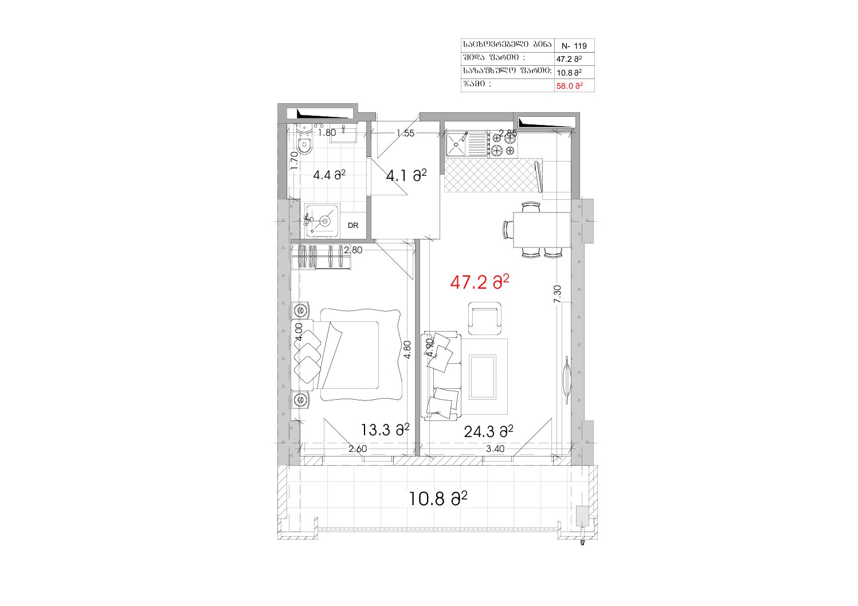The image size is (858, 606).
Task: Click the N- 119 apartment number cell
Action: point(574,46)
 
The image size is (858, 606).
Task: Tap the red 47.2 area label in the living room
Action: point(480,282)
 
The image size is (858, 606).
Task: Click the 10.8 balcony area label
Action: point(438,499)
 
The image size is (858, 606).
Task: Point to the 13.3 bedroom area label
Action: point(385,430)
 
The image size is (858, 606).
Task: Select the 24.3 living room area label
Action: point(488,432)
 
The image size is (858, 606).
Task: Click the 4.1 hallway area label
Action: point(406,176)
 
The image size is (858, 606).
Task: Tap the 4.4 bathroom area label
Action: point(329,175)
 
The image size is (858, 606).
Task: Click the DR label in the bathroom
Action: point(353,226)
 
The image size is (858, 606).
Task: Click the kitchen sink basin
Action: point(456,144)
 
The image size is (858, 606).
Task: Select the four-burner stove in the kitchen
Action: point(503,144)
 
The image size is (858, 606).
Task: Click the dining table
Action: point(541,230)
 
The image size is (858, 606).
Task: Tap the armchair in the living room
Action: point(484,318)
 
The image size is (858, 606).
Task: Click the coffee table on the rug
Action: point(483,377)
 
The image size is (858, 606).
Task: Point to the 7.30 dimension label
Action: point(557,294)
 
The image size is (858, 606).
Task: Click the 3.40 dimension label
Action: point(495,448)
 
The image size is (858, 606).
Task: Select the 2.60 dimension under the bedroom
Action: point(358,448)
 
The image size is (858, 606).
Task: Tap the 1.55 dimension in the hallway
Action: point(405,133)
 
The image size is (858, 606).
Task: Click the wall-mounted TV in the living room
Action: point(567,379)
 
